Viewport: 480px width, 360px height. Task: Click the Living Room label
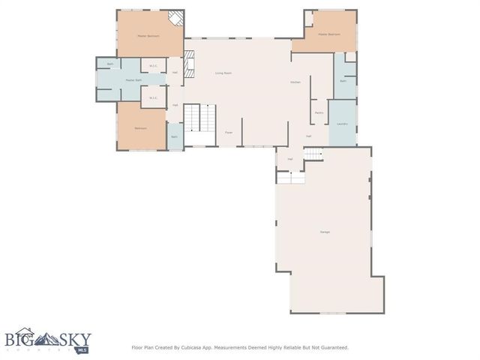223,73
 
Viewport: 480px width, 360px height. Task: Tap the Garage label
325,232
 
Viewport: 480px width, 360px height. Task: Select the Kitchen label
295,82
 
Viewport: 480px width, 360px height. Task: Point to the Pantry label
319,112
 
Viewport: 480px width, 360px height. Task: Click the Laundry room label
342,123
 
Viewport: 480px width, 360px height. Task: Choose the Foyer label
229,132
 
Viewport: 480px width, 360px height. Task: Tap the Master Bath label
133,80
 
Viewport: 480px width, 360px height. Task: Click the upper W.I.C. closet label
153,64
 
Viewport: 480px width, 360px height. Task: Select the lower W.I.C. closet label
153,97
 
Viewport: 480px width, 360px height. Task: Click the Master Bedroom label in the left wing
148,36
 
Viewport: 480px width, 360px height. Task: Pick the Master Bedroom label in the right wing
329,34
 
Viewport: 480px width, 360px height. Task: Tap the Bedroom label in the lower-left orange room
140,128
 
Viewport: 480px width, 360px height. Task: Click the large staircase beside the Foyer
200,118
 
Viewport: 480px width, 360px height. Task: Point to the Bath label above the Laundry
343,81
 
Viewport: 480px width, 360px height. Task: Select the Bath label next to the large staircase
174,136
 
